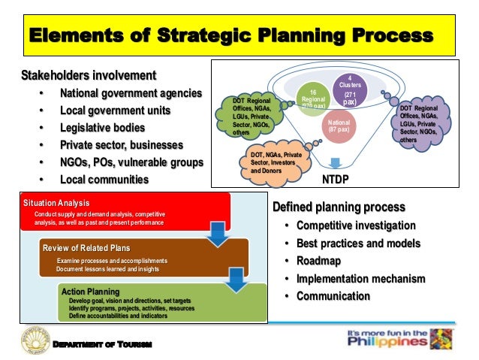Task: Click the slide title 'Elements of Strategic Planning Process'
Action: click(231, 35)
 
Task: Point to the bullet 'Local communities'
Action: click(104, 180)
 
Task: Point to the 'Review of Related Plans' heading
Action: click(86, 248)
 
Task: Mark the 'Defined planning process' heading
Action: click(339, 207)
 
